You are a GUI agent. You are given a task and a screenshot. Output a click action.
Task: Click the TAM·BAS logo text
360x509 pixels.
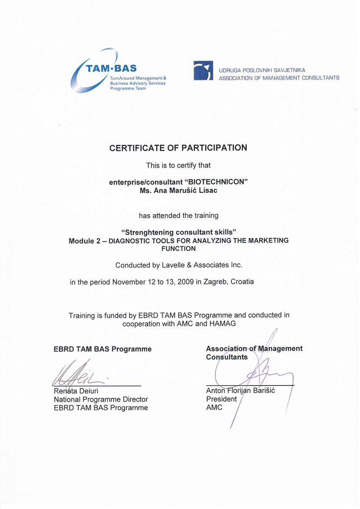tap(112, 68)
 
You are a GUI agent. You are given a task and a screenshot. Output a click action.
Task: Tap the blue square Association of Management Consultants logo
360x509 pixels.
tap(203, 70)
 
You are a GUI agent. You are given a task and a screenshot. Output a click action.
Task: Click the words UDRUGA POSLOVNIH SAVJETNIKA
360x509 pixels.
tap(262, 70)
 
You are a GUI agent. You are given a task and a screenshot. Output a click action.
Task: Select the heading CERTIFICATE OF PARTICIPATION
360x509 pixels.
tap(178, 148)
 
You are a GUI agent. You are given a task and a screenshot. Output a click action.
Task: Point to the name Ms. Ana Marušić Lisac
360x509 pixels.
tap(178, 190)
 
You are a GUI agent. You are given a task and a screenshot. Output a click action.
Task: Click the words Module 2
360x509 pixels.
tap(84, 241)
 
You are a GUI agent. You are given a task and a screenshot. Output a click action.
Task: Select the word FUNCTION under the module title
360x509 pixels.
tap(179, 249)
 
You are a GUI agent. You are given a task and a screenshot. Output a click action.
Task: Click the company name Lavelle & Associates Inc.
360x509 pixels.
tap(202, 265)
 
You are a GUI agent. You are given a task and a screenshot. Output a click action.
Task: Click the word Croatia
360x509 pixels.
tap(242, 282)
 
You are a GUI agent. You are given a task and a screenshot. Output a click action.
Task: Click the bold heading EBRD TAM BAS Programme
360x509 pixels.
tap(103, 349)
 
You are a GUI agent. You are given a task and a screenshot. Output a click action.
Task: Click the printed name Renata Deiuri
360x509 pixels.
tap(76, 391)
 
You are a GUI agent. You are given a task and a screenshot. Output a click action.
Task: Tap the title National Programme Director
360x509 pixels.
tap(101, 399)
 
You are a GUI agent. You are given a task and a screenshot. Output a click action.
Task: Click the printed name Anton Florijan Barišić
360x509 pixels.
tap(240, 391)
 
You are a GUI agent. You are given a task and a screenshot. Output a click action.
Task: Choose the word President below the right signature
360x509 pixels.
tap(221, 399)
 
